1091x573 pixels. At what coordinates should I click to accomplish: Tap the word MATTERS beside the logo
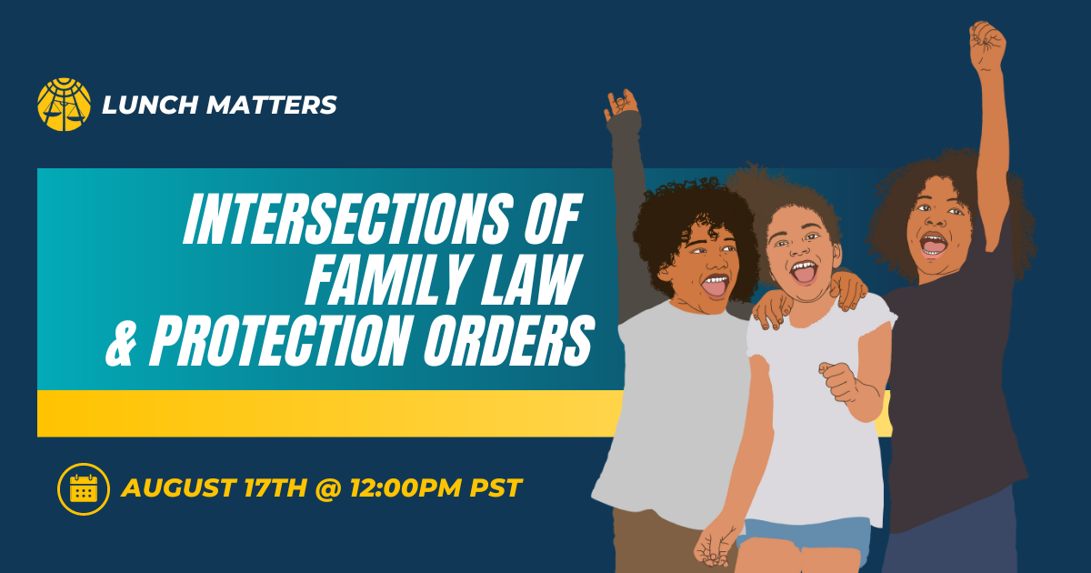[x=271, y=105]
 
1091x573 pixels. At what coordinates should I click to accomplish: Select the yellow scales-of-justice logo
[x=64, y=105]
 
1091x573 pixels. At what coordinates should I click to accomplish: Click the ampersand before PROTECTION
[x=120, y=340]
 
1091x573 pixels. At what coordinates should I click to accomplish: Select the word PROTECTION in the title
[x=278, y=340]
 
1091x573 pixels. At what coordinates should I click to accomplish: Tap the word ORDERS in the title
[x=509, y=340]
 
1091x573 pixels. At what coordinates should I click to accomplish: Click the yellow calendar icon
[x=84, y=488]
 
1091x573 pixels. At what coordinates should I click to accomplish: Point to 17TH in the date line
[x=275, y=488]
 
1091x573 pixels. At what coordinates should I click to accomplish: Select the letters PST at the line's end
[x=495, y=488]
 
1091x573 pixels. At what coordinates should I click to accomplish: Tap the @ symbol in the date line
[x=328, y=488]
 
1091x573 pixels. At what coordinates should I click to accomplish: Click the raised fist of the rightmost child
[x=986, y=46]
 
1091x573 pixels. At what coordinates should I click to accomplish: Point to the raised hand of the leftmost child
[x=622, y=105]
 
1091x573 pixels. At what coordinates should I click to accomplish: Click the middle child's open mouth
[x=804, y=272]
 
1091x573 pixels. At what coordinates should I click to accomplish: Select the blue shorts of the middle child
[x=804, y=536]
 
